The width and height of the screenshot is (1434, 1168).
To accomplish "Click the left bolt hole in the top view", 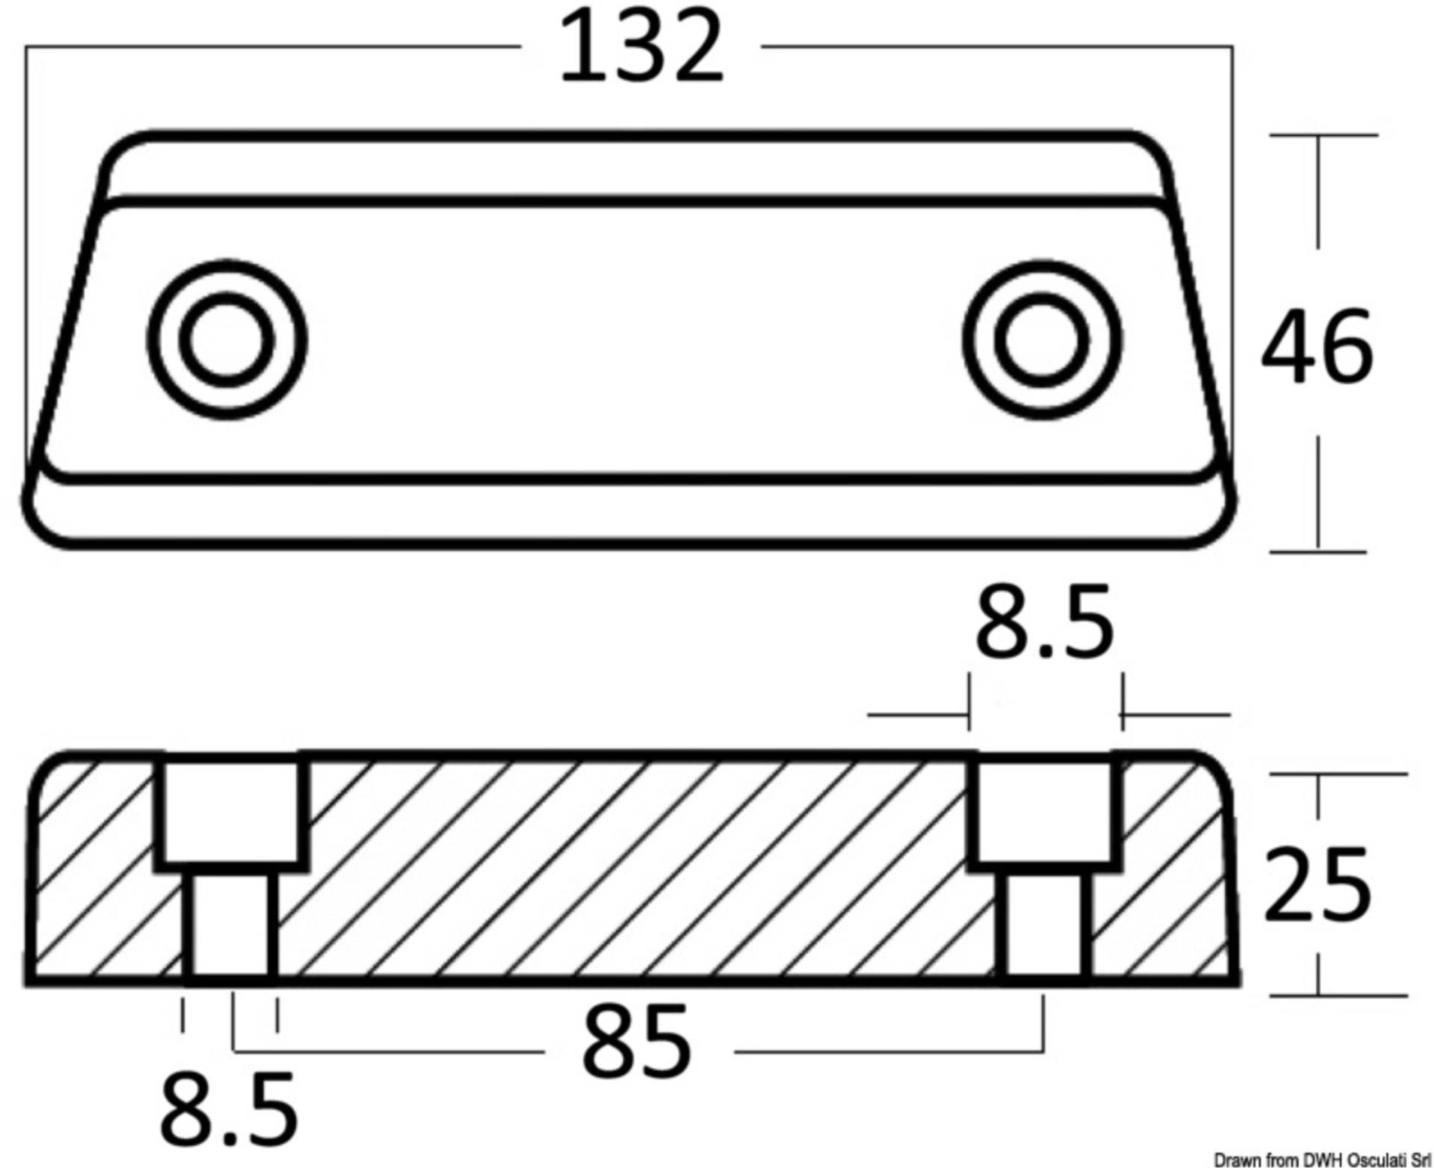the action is coord(227,340).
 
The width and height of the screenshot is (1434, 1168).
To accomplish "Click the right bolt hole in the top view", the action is coord(1043,340).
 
